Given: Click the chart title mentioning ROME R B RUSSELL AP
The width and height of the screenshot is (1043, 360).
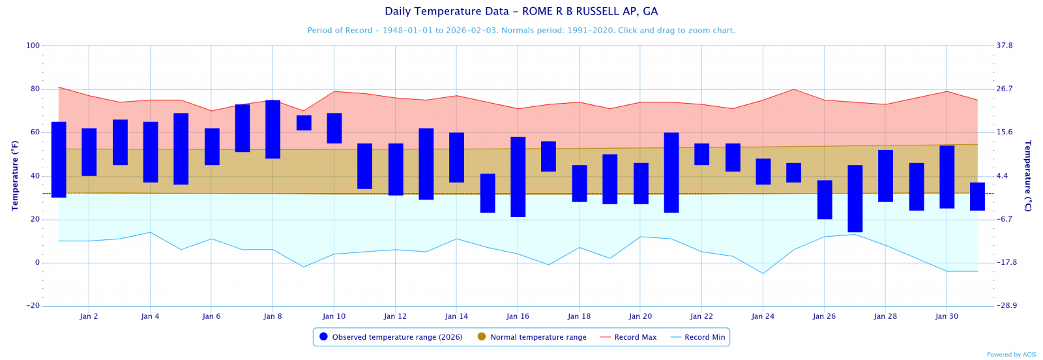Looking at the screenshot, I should click(521, 11).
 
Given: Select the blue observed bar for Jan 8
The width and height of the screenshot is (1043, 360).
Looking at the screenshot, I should click(272, 129).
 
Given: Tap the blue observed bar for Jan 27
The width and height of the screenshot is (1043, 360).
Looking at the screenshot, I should click(855, 198).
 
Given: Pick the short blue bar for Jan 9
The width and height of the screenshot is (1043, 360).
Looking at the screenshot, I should click(304, 123).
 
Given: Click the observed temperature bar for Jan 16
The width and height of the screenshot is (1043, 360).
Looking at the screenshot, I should click(518, 177).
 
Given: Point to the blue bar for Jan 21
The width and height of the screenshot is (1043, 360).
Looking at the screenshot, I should click(671, 172).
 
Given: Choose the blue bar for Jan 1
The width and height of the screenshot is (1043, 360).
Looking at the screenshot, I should click(59, 159).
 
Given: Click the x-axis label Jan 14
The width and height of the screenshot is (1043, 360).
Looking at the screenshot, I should click(456, 316).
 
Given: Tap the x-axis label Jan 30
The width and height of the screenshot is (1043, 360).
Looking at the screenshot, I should click(947, 316).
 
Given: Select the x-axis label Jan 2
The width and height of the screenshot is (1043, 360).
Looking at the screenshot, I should click(89, 316).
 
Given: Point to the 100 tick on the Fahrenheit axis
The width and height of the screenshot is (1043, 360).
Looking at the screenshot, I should click(33, 46).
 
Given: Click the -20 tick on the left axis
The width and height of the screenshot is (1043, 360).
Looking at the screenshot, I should click(33, 306).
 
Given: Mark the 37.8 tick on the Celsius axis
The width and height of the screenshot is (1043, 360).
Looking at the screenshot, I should click(1005, 46).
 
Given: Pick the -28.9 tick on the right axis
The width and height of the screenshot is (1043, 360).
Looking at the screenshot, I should click(1006, 306).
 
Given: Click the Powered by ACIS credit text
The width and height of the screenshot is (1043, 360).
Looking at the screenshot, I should click(1011, 355).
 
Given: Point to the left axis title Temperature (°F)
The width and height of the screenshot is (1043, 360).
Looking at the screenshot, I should click(15, 175).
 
